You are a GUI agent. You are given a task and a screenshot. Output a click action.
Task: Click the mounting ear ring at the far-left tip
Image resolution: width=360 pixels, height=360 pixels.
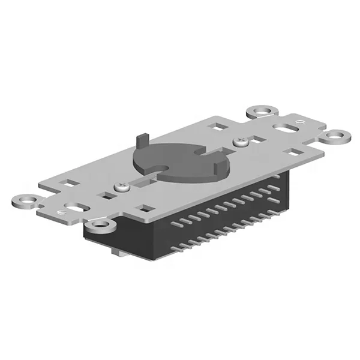coord(24,200)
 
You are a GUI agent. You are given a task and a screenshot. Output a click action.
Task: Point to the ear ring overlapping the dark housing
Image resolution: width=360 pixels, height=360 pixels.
coord(102,226)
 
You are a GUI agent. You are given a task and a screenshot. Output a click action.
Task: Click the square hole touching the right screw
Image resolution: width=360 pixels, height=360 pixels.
coord(259,140)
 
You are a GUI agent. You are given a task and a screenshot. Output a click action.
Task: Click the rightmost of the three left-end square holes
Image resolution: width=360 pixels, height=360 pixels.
coord(145,209)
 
